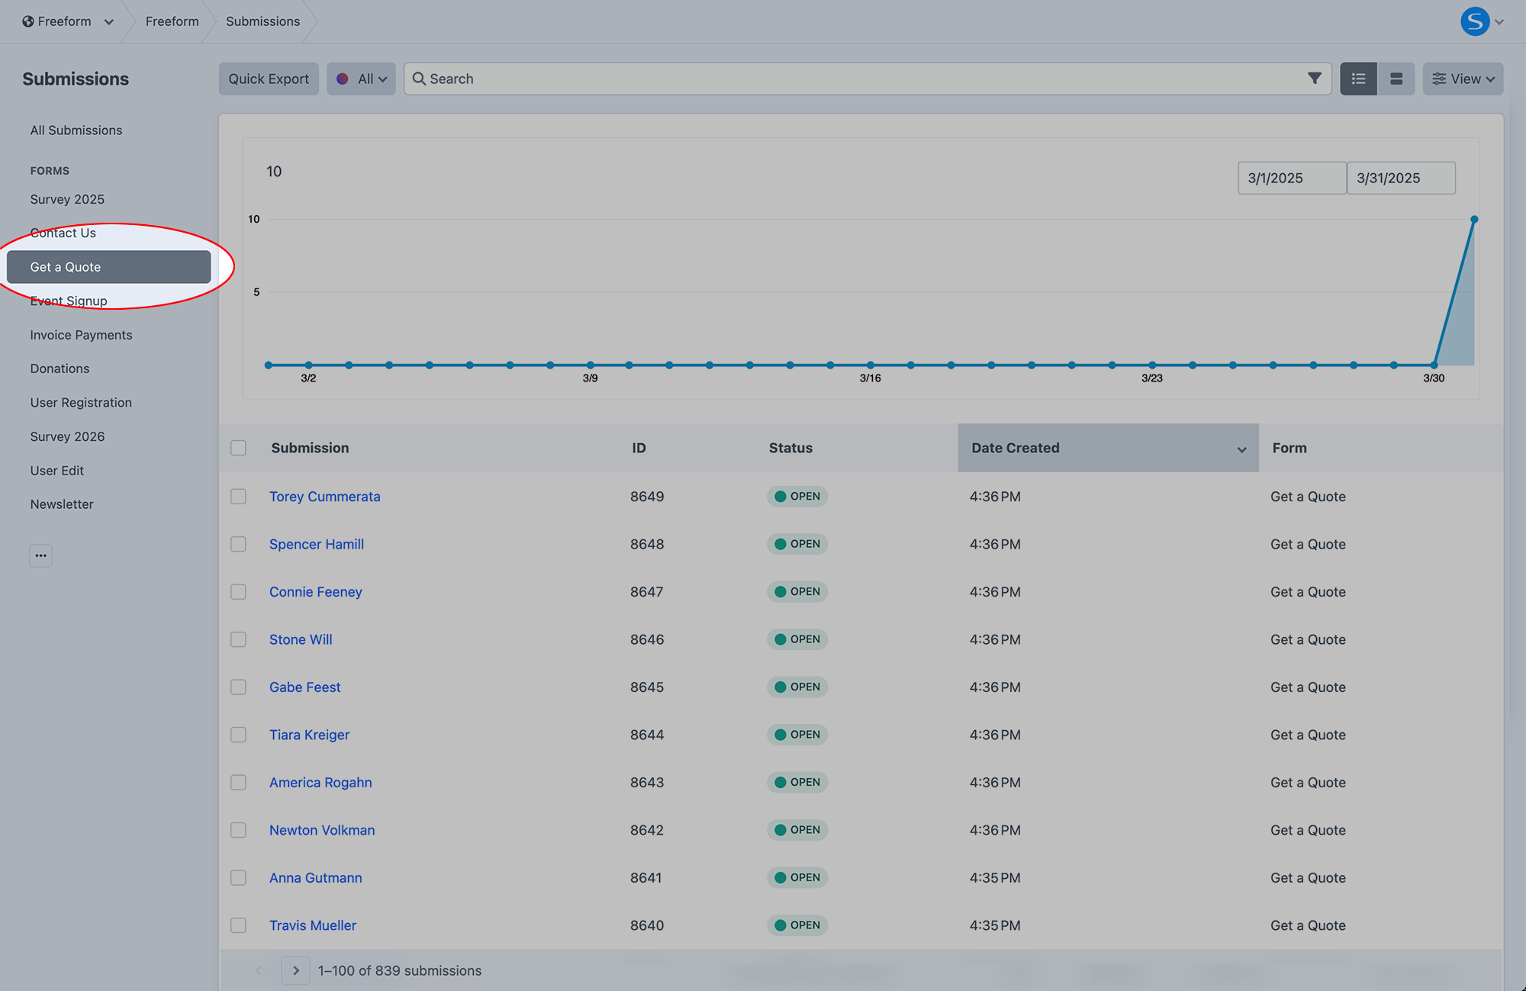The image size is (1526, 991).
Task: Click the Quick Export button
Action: click(x=269, y=79)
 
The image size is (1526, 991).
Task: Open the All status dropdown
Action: click(x=361, y=79)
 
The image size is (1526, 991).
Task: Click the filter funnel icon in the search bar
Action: click(x=1314, y=79)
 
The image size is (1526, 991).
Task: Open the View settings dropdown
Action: click(x=1462, y=79)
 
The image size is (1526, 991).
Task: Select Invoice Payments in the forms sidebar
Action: click(x=81, y=335)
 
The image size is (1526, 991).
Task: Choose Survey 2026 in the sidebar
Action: click(x=67, y=436)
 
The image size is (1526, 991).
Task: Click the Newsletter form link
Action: click(x=62, y=504)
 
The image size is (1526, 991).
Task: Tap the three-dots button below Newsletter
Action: click(x=41, y=555)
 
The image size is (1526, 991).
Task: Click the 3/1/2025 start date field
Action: click(x=1291, y=178)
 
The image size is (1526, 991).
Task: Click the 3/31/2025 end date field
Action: click(x=1400, y=178)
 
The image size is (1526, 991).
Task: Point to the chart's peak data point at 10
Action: click(x=1474, y=220)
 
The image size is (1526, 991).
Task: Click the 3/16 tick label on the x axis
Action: click(x=870, y=378)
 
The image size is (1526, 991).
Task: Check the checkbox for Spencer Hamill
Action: click(x=239, y=544)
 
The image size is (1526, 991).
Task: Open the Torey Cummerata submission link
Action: click(x=324, y=497)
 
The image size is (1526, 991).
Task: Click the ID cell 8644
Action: click(x=647, y=735)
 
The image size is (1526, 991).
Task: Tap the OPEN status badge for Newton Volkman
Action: click(x=797, y=830)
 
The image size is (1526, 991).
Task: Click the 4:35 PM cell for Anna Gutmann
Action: click(x=995, y=877)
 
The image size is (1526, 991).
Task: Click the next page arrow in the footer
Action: click(x=295, y=970)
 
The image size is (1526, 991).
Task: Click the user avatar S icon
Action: click(x=1474, y=21)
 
